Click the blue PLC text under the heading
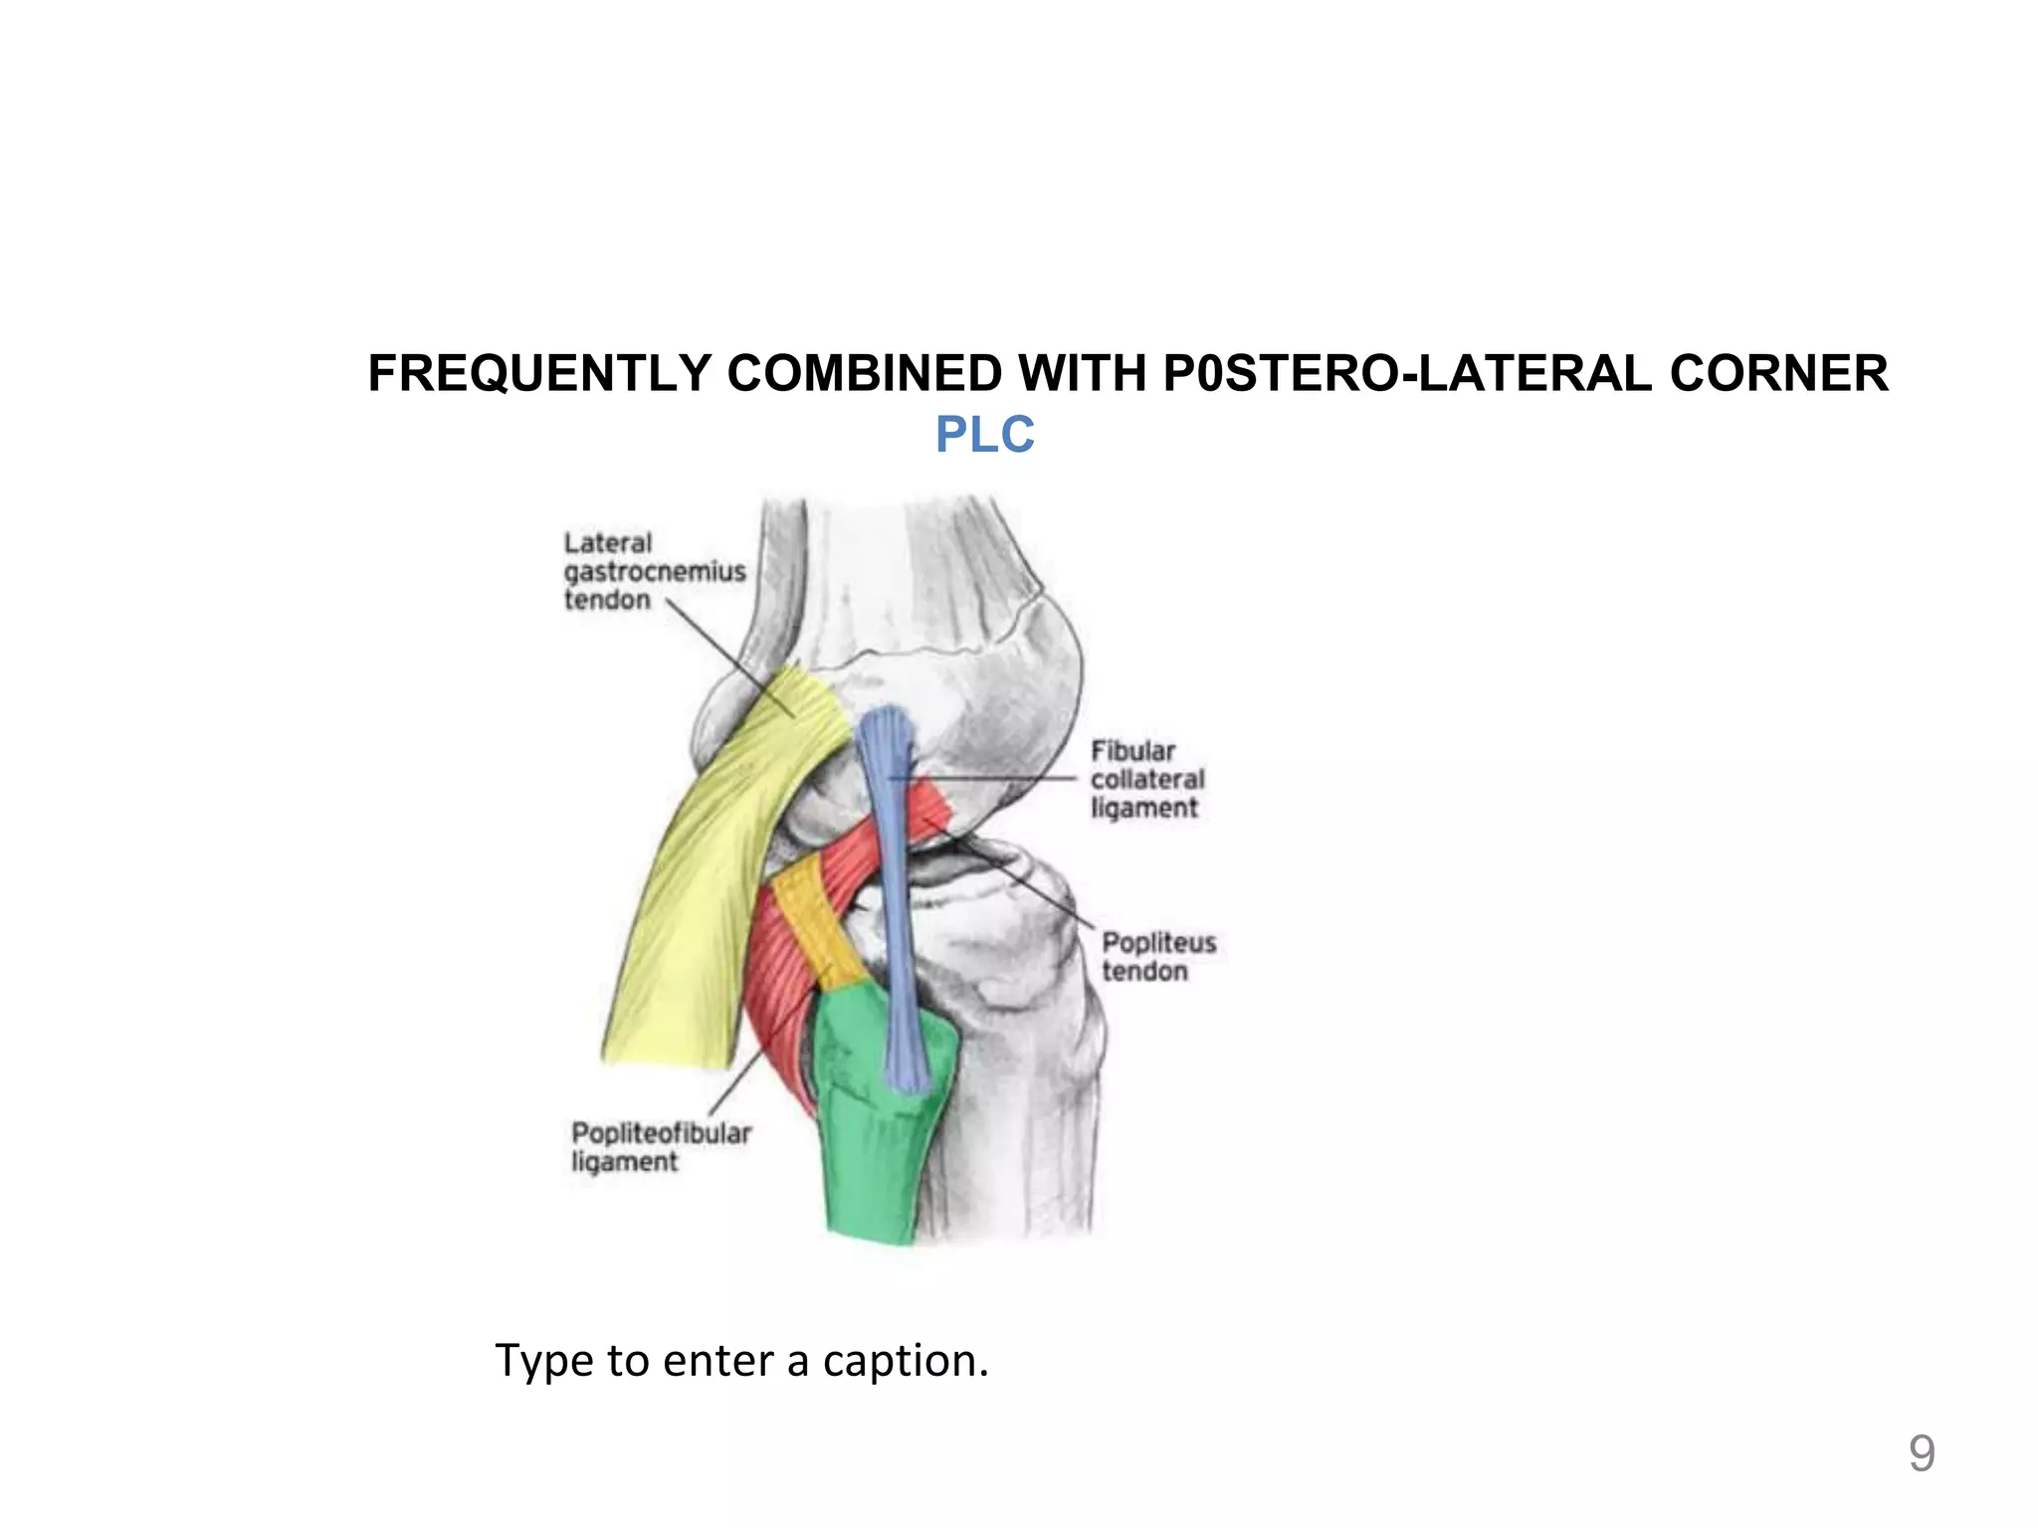pos(984,435)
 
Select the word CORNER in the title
pos(1778,374)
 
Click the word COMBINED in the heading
pos(864,374)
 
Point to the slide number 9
pos(1921,1453)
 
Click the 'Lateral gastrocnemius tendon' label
pos(654,571)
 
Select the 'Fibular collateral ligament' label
pos(1146,779)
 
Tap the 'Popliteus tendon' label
pos(1158,956)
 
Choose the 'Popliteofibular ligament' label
pos(660,1147)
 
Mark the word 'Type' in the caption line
pos(537,1361)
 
